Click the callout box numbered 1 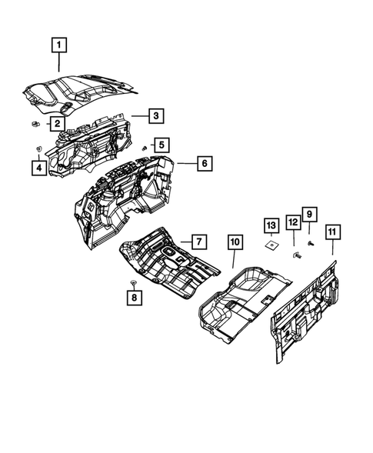58,45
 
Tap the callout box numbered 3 155,116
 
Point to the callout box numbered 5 160,144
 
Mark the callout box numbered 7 197,241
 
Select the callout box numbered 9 309,213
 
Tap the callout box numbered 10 235,241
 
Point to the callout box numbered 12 293,223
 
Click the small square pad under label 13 271,247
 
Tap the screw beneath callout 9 311,242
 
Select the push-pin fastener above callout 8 132,283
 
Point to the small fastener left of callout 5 145,146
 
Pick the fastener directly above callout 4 38,148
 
